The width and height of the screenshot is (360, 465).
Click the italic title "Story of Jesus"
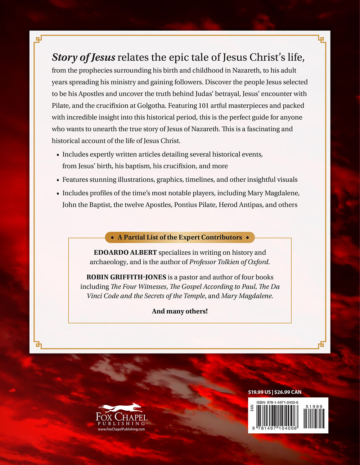pyautogui.click(x=84, y=57)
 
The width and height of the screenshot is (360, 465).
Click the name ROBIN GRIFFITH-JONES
pyautogui.click(x=126, y=277)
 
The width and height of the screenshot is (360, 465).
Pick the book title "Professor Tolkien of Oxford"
pyautogui.click(x=229, y=262)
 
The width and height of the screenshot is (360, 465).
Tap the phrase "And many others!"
pyautogui.click(x=180, y=311)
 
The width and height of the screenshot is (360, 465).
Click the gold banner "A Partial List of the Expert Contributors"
pyautogui.click(x=180, y=237)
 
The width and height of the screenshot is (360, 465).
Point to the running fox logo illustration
pyautogui.click(x=121, y=408)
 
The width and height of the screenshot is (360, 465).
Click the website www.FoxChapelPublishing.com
pyautogui.click(x=121, y=429)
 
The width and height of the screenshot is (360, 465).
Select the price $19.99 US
pyautogui.click(x=259, y=392)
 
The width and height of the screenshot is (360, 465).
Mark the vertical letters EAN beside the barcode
pyautogui.click(x=252, y=408)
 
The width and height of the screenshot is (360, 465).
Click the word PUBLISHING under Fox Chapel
pyautogui.click(x=121, y=424)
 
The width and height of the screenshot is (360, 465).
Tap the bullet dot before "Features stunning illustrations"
pyautogui.click(x=58, y=180)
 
